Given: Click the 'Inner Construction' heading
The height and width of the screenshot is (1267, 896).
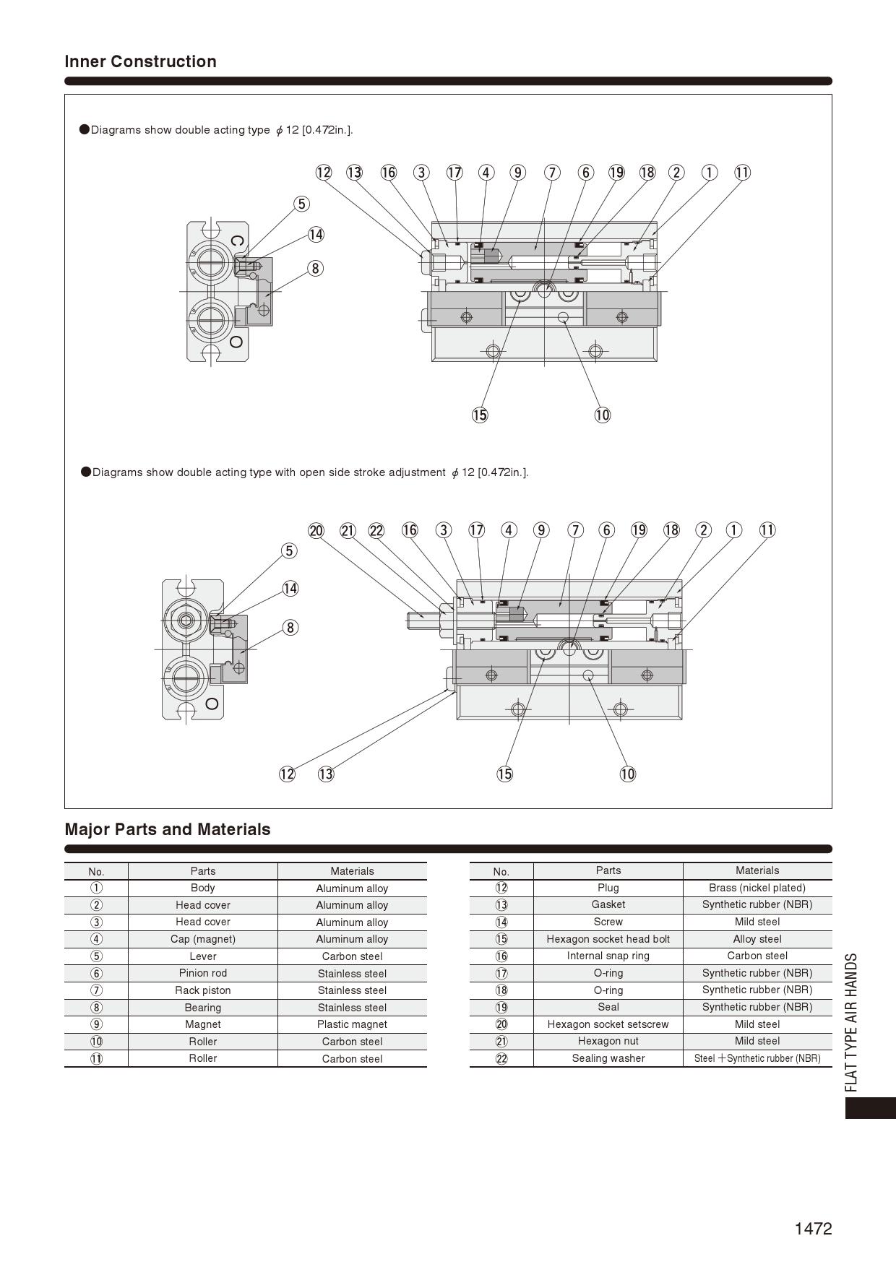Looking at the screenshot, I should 140,61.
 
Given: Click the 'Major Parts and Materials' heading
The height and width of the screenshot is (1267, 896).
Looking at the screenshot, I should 168,829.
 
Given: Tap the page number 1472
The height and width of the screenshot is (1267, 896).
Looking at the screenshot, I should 813,1229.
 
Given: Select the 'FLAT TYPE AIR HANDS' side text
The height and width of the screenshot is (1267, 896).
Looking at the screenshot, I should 852,1022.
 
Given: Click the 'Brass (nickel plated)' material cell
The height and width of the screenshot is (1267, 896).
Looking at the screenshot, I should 757,888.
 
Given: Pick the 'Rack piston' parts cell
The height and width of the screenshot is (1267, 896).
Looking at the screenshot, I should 202,990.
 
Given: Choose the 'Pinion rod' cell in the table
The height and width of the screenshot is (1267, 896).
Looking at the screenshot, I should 202,973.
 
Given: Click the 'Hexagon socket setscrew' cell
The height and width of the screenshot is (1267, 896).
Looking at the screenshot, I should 608,1024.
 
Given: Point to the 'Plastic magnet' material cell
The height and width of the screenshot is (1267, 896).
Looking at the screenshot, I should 352,1024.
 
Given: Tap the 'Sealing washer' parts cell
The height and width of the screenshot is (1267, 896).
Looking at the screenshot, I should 608,1058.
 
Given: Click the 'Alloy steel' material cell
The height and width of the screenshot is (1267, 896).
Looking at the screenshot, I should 757,939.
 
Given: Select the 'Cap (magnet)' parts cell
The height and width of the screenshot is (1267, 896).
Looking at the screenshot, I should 202,939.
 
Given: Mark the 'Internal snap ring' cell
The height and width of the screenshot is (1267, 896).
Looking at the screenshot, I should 608,956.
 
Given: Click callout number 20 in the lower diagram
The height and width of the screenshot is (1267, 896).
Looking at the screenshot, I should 316,531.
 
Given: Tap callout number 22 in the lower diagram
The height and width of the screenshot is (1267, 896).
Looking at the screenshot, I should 376,531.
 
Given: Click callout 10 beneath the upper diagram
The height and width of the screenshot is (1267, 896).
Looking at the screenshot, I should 602,415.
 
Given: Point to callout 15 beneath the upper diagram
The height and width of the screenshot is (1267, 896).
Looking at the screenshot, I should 480,415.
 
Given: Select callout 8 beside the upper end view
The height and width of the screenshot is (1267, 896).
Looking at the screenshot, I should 315,269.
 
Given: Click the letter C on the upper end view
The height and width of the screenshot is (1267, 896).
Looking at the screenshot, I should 237,241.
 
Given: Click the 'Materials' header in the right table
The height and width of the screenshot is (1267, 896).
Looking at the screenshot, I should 757,870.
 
